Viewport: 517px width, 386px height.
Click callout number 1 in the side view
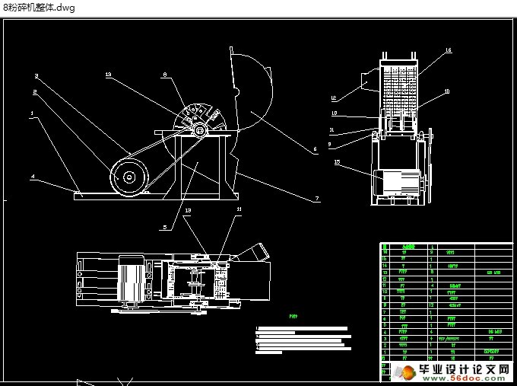[31, 113]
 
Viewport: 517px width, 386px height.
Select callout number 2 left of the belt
[35, 91]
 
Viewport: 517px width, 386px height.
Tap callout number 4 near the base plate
[33, 177]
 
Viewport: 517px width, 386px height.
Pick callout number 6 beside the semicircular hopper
[316, 150]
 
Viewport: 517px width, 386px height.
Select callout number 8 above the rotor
[164, 75]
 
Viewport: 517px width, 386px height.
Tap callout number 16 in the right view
[448, 50]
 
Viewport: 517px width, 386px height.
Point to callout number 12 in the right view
[334, 98]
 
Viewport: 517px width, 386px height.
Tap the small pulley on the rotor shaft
[199, 131]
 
